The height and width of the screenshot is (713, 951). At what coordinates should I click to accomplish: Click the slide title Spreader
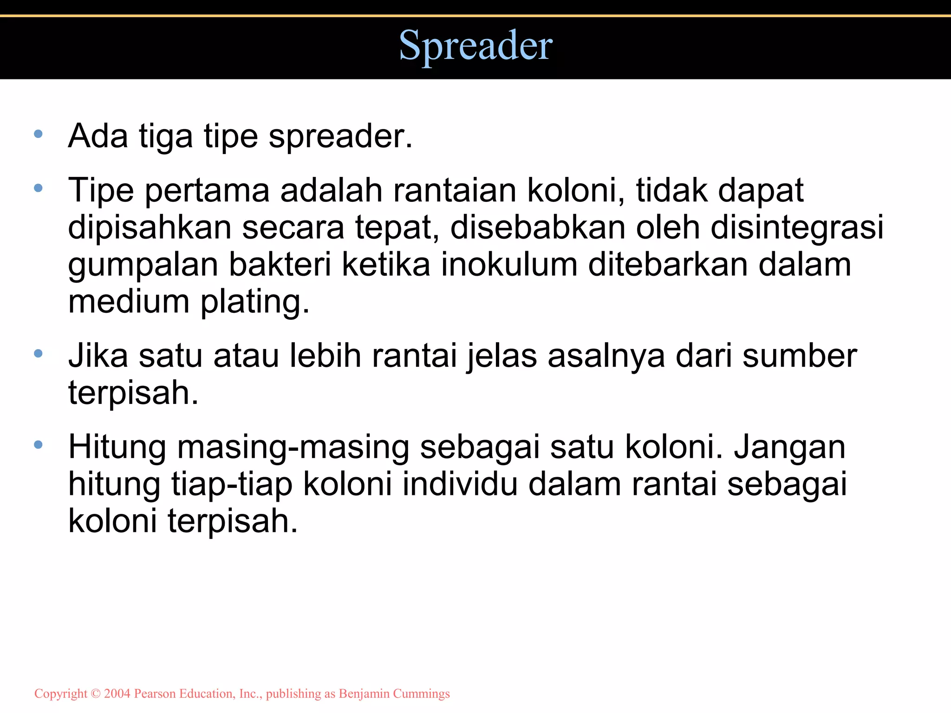coord(475,45)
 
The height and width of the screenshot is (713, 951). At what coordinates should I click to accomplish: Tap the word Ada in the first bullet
coord(98,136)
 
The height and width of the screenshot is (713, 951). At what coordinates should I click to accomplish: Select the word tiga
coord(165,137)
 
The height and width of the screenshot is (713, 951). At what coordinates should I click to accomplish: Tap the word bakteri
coord(280,265)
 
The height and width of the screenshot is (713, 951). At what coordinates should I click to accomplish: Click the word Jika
coord(98,356)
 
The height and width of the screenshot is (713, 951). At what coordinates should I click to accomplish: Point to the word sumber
coord(799,356)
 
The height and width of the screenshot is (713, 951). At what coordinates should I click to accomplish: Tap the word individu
coord(460,484)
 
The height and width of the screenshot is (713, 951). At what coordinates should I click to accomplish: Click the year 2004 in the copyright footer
coord(117,694)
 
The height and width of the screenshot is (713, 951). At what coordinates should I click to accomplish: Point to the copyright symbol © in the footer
coord(96,694)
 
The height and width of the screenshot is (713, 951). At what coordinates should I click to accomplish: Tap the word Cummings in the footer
coord(421,694)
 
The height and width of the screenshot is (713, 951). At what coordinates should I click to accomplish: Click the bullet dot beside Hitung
coord(39,445)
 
